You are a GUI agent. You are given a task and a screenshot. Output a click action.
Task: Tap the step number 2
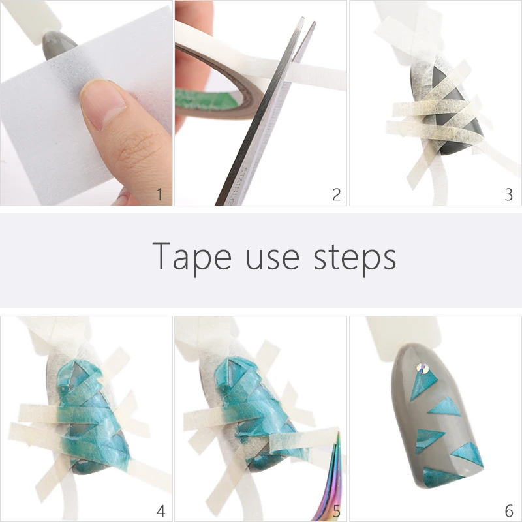point(336,194)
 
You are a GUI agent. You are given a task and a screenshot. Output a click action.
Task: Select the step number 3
point(509,194)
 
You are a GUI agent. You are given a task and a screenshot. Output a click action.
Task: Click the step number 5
point(336,510)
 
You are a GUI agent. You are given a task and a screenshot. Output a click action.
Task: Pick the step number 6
point(509,510)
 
